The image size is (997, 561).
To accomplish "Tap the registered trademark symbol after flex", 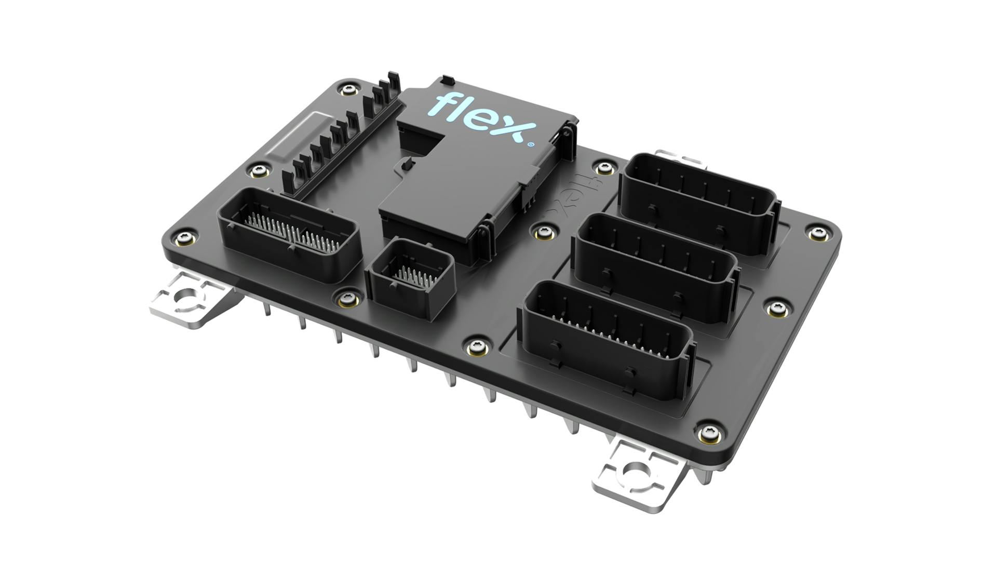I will (530, 145).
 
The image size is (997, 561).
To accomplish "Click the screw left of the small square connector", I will (347, 299).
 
